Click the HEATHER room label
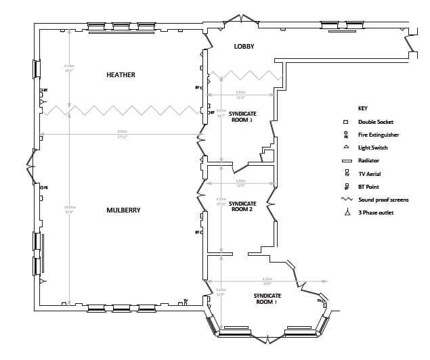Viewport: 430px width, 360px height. [121, 75]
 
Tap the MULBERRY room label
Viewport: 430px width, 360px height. [123, 210]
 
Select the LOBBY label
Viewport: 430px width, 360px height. [244, 47]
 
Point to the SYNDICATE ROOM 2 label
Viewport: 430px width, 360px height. [242, 206]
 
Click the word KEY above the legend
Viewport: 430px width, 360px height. [362, 108]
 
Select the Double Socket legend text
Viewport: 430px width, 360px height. [375, 122]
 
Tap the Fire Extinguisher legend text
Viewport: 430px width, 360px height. [378, 135]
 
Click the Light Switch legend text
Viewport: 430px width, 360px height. [372, 148]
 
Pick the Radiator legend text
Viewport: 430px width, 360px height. [368, 160]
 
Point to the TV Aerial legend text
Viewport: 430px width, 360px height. [369, 174]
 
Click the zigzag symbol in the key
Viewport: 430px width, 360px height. [346, 200]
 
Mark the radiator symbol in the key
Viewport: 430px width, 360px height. [345, 161]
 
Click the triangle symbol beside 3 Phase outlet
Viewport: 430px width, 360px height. [345, 212]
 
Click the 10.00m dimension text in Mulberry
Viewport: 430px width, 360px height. [69, 208]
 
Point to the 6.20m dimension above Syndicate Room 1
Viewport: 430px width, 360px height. [267, 279]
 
